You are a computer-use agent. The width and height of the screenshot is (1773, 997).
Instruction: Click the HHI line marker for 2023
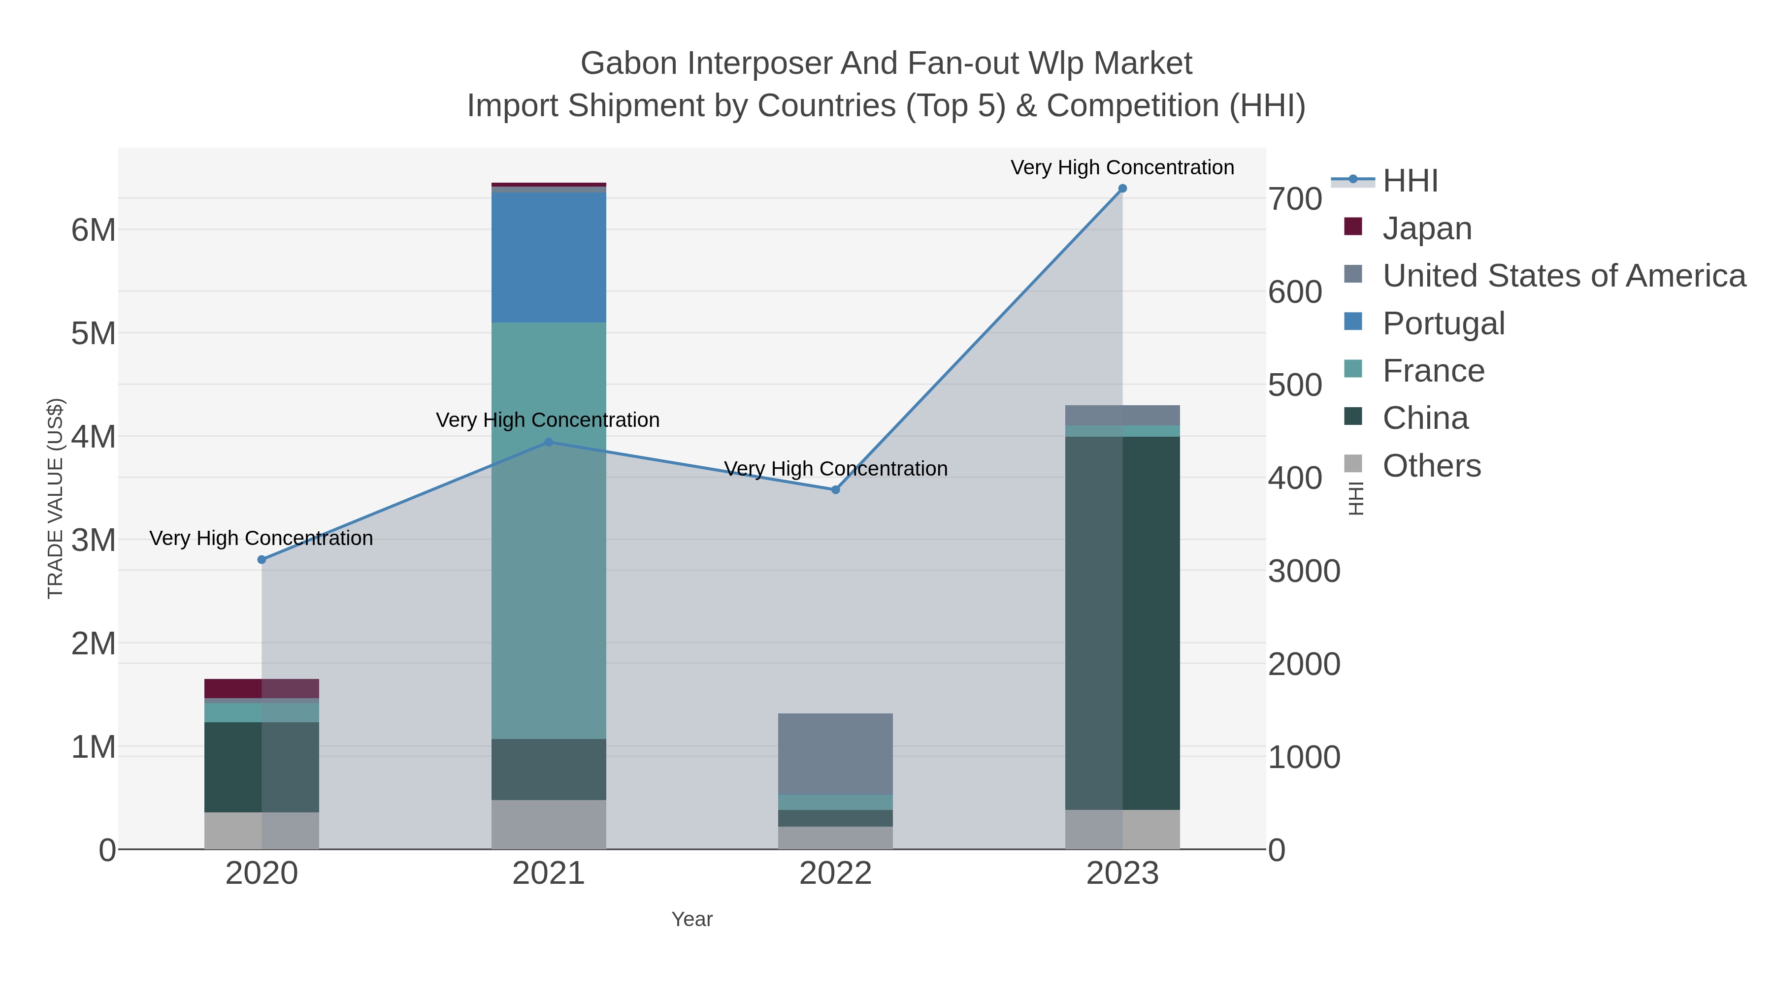(1122, 189)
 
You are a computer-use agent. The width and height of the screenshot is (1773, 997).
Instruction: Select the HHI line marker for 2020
(262, 559)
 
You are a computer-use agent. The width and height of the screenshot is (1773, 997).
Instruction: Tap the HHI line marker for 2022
(836, 490)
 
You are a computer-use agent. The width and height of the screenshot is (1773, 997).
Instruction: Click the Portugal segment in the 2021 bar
(549, 258)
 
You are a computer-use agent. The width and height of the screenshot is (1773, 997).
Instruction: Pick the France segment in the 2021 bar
(549, 530)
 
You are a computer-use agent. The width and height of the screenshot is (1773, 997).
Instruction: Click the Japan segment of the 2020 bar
(262, 688)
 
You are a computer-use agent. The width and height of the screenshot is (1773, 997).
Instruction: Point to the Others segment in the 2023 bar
(1122, 829)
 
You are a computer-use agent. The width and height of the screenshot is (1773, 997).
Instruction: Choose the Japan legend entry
(1426, 228)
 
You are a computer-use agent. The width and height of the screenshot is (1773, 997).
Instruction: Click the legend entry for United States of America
(1562, 275)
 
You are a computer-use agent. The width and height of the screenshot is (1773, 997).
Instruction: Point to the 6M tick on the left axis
(94, 230)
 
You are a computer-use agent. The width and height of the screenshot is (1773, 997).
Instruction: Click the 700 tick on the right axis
(1295, 199)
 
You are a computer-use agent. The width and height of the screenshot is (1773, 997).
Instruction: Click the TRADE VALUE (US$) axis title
(55, 498)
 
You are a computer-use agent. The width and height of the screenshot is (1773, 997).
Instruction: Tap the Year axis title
(692, 919)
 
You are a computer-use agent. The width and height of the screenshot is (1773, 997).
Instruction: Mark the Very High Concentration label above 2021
(548, 419)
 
